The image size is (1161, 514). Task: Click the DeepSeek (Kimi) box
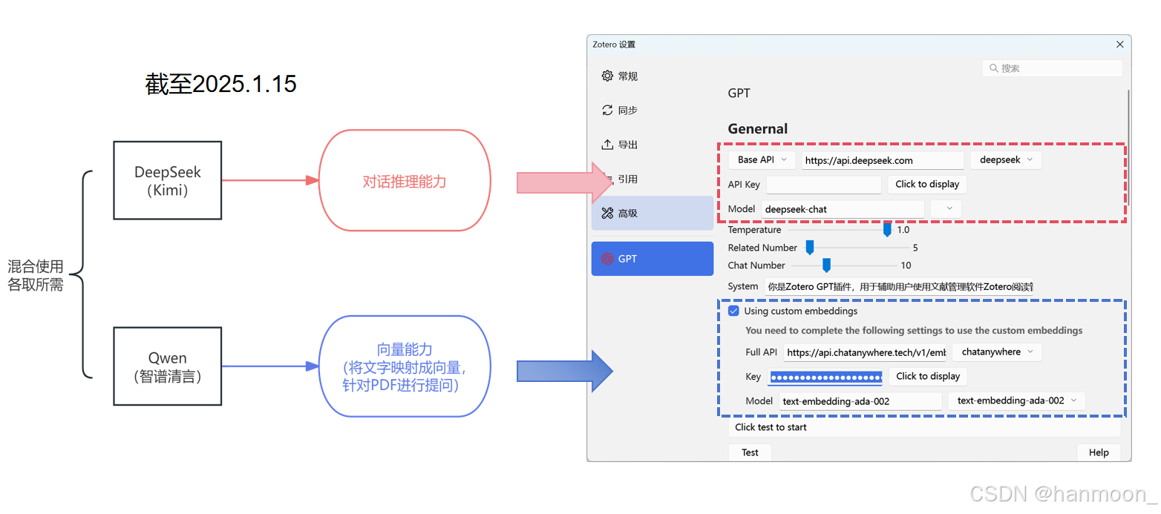[x=167, y=180]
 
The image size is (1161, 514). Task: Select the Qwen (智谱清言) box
[x=167, y=366]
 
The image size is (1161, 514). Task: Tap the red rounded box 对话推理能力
[x=405, y=180]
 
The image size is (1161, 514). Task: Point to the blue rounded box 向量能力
[x=405, y=366]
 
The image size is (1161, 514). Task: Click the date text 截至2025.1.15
[x=221, y=84]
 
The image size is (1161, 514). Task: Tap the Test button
[x=750, y=452]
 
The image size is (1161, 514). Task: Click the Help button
[x=1099, y=452]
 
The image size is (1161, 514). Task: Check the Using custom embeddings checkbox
[x=734, y=311]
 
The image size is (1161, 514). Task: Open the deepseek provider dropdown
[x=1005, y=159]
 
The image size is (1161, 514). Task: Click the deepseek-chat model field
[x=843, y=209]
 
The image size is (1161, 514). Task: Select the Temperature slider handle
[x=886, y=230]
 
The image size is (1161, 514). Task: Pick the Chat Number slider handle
[x=826, y=266]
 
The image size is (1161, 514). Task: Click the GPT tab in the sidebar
[x=652, y=259]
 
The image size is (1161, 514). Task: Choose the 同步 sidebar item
[x=627, y=111]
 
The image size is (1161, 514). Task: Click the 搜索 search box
[x=1052, y=68]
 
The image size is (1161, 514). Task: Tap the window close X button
[x=1120, y=45]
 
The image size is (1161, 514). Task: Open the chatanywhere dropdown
[x=997, y=352]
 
